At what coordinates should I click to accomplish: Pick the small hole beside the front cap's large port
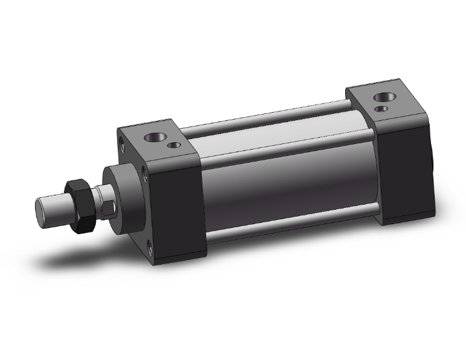(175, 147)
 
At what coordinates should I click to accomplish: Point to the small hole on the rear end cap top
(381, 109)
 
